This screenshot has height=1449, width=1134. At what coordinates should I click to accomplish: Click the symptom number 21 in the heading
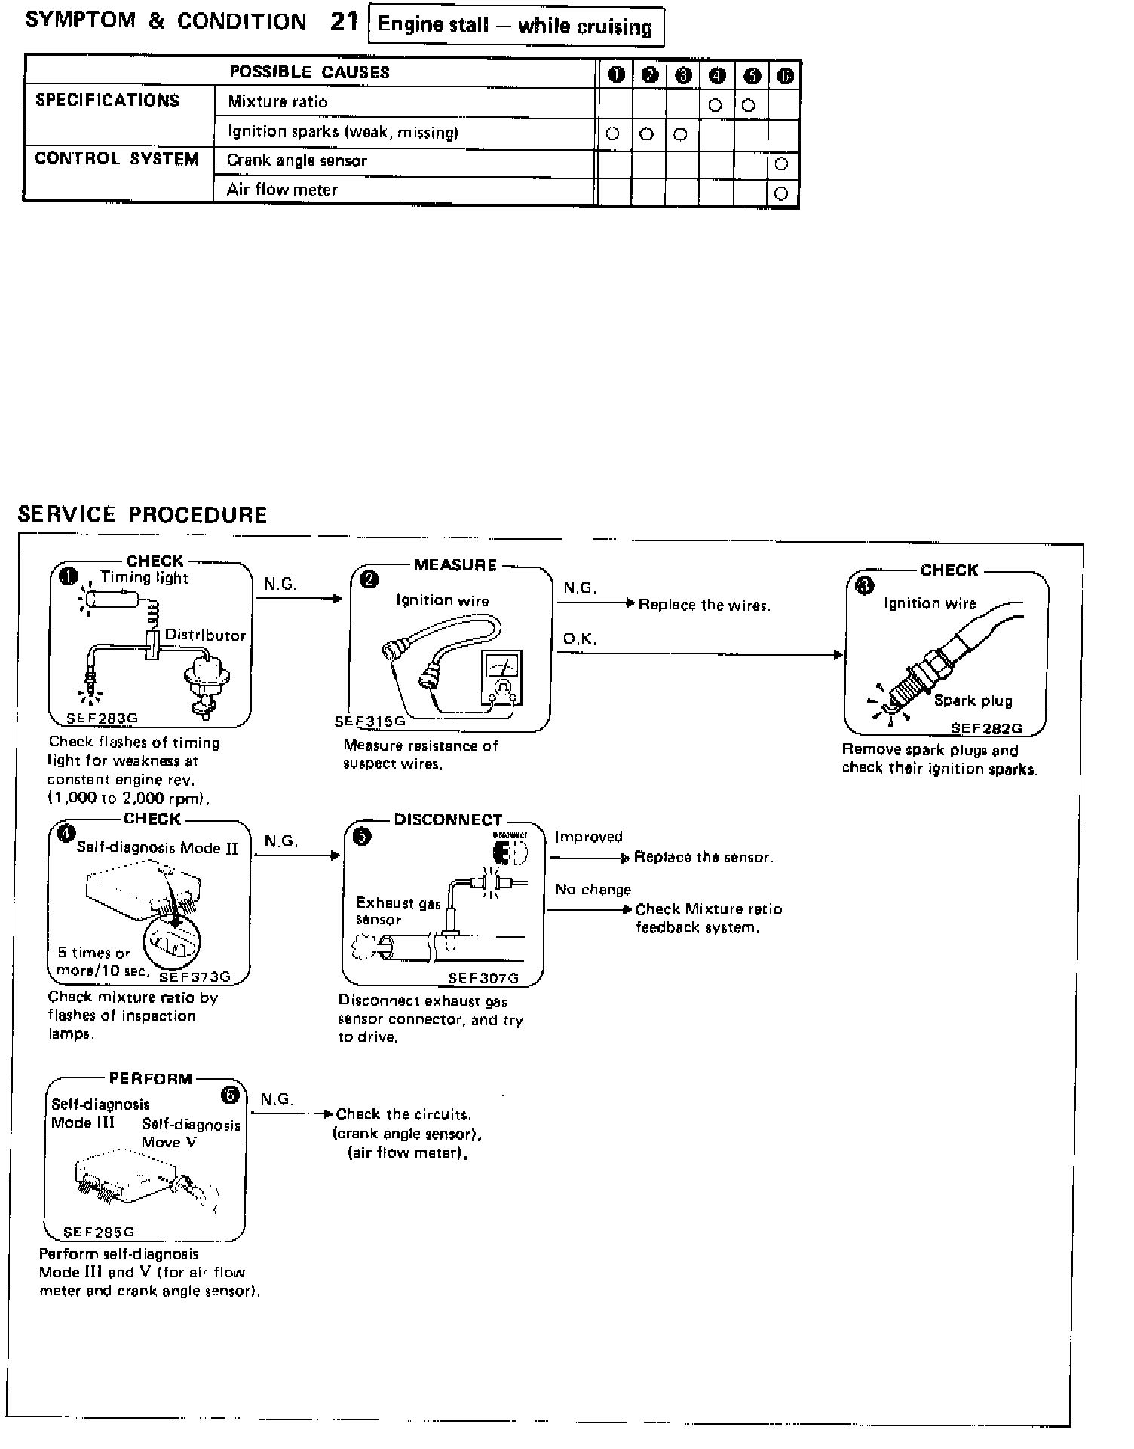(344, 22)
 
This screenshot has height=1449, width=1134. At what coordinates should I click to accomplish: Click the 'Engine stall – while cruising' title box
(515, 26)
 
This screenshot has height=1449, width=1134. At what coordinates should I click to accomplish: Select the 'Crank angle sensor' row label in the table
(296, 161)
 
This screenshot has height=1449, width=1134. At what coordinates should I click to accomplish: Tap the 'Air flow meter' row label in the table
(282, 190)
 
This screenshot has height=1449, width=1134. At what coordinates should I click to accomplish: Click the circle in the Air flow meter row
(782, 193)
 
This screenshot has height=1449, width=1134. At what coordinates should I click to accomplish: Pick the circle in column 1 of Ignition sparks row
(613, 133)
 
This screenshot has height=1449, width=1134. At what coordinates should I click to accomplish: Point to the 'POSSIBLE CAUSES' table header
(309, 72)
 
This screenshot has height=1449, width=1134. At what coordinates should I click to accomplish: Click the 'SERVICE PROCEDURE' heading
(143, 515)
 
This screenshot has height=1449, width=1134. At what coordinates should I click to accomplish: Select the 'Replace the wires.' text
(704, 605)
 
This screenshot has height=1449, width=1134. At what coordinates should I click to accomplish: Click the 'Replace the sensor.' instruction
(703, 857)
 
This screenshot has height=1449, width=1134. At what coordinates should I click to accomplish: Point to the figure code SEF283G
(102, 718)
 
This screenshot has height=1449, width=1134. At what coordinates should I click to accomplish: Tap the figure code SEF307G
(483, 978)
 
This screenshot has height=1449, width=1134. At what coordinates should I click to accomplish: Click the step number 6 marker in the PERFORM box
(230, 1094)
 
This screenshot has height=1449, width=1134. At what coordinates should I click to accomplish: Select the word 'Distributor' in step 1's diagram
(205, 635)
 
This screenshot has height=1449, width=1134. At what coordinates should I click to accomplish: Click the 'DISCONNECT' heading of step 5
(448, 819)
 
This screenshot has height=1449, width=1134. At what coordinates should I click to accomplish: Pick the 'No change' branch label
(593, 890)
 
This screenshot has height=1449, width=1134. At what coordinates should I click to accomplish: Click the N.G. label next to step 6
(277, 1099)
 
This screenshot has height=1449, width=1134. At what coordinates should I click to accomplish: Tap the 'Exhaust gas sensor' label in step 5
(397, 911)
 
